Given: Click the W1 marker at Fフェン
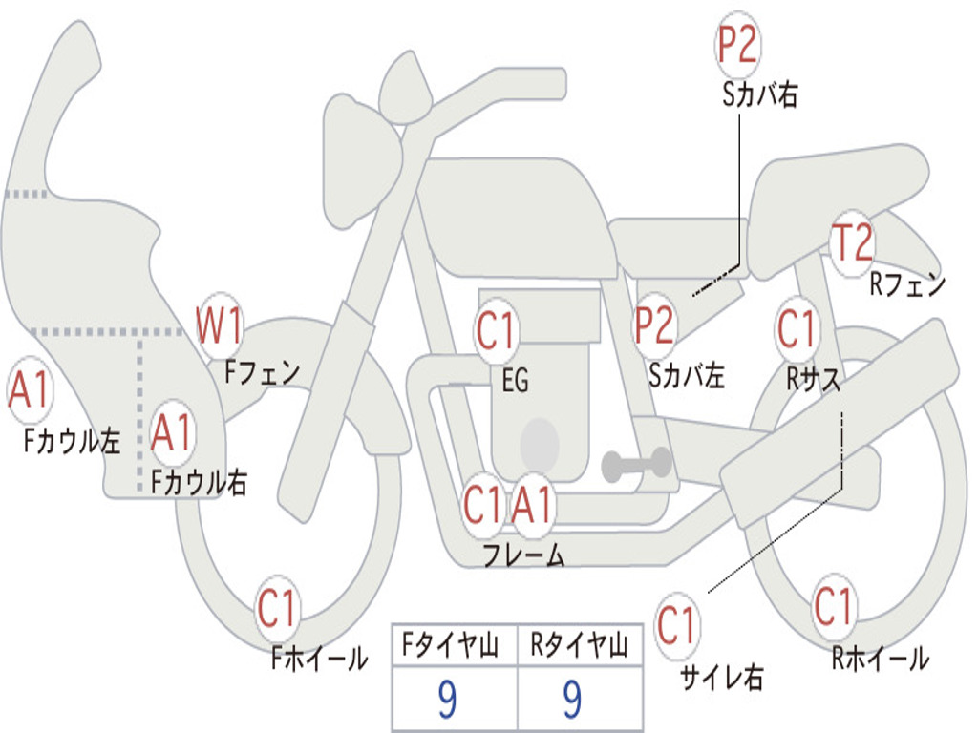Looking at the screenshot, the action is [219, 325].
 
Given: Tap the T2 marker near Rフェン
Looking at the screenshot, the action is [853, 241].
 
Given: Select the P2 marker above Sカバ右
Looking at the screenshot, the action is [737, 44].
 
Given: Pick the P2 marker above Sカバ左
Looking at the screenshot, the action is [653, 325].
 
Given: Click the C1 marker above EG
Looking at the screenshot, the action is [496, 330].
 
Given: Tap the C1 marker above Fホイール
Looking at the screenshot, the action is [276, 607].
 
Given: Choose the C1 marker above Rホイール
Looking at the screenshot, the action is [833, 606].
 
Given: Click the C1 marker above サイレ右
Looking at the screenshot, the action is [675, 624].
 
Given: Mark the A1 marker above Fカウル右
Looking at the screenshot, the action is [171, 432].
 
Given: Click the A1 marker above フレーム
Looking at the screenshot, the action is [532, 504].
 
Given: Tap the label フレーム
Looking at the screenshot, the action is [524, 555].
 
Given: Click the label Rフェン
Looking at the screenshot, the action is [907, 284].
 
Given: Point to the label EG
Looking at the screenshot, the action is [515, 380].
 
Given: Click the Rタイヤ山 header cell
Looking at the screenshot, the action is [581, 644].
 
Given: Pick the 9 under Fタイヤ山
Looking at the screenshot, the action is [447, 699].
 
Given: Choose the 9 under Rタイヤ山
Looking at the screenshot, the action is [573, 699].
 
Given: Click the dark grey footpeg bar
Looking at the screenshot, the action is [636, 465].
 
